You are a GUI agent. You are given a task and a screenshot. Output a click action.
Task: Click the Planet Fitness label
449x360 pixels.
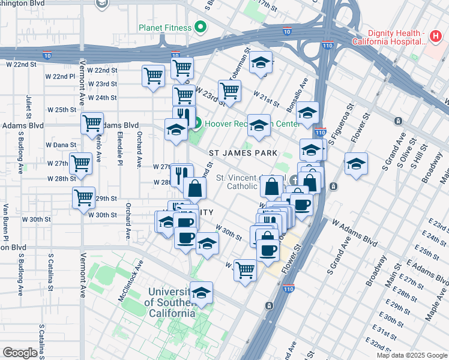(x=164, y=28)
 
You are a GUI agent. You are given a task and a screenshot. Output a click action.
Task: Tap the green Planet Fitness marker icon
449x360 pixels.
(x=200, y=28)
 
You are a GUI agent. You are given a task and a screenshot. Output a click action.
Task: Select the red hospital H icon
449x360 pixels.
(x=436, y=37)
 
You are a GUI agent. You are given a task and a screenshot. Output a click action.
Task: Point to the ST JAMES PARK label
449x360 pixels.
(x=243, y=153)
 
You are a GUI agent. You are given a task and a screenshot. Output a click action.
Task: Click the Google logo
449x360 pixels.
(x=20, y=353)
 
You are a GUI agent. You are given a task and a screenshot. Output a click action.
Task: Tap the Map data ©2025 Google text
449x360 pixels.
(x=412, y=355)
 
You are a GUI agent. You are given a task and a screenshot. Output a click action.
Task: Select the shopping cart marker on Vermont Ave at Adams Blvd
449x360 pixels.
(x=91, y=123)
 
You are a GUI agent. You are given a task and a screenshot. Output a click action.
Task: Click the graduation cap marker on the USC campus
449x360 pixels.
(x=202, y=293)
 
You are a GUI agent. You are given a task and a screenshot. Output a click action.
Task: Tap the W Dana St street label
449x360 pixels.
(x=62, y=145)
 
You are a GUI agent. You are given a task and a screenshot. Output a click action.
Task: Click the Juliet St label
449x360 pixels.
(x=28, y=107)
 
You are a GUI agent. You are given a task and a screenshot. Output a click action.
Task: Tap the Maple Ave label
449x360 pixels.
(x=435, y=306)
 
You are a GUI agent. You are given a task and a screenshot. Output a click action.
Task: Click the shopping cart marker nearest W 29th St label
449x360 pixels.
(x=83, y=197)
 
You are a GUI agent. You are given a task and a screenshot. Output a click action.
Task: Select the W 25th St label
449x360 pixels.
(x=62, y=110)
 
